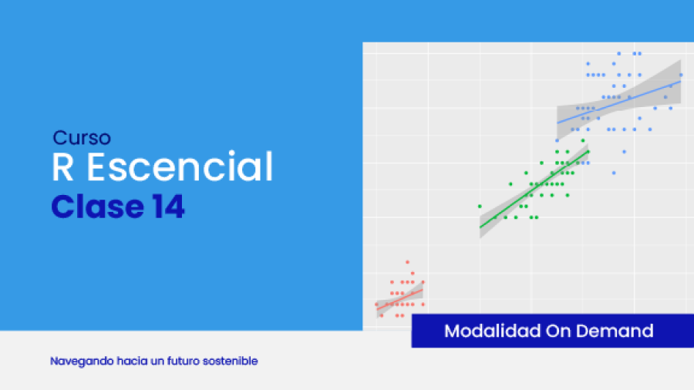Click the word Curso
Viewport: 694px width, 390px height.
click(82, 137)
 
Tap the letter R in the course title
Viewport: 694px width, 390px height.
click(62, 166)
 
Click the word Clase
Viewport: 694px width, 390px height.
click(97, 206)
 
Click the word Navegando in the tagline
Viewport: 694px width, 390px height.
click(82, 361)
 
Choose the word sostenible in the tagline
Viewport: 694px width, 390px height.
click(230, 361)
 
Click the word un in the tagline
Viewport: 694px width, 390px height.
click(157, 361)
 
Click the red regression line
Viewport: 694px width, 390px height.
click(399, 300)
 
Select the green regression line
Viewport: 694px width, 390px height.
click(534, 190)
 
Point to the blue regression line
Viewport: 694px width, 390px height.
click(618, 103)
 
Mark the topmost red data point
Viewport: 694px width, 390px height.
click(408, 262)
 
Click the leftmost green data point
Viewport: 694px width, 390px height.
click(480, 207)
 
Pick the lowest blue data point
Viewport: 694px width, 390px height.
click(614, 173)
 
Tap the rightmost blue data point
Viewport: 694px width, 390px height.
click(681, 76)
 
